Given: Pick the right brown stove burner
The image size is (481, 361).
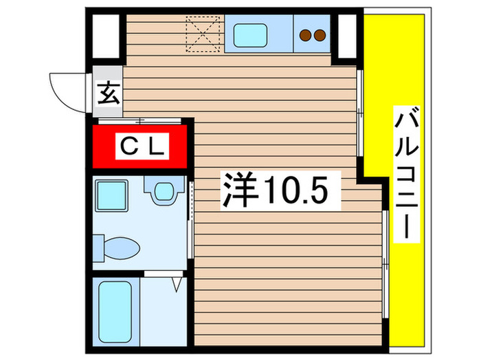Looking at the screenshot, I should [320, 35].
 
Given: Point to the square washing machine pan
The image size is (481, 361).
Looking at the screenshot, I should [111, 195].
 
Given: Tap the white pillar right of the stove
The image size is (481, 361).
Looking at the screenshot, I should [348, 31].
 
